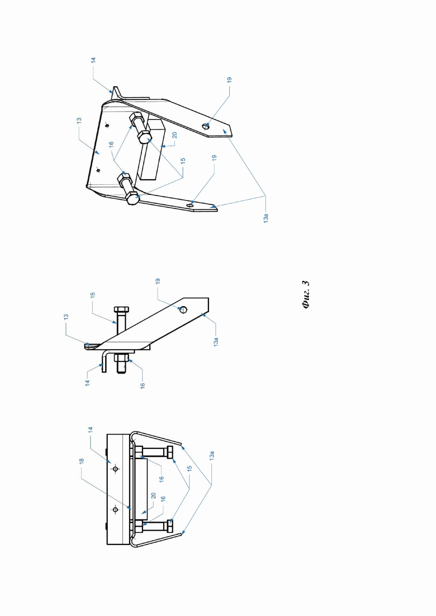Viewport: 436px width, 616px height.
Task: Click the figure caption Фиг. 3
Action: pos(307,295)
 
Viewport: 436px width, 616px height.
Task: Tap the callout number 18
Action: pos(82,460)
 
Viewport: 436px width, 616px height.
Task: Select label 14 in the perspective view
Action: pos(93,60)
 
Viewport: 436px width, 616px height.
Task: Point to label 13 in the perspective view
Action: pos(79,120)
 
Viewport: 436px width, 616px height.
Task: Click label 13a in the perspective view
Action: pos(266,218)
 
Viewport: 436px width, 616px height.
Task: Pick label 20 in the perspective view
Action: pos(174,135)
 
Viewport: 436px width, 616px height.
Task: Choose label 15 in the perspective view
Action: pos(183,161)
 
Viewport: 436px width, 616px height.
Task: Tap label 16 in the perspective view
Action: pos(111,145)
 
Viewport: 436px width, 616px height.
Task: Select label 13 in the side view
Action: pos(66,316)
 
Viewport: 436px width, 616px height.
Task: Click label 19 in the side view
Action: pos(158,281)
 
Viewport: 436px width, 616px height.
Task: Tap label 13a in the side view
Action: pos(216,341)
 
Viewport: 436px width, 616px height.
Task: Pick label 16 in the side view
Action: pos(143,386)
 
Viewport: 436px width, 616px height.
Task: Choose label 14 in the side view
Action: pos(87,383)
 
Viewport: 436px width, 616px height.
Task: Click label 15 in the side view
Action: pos(93,295)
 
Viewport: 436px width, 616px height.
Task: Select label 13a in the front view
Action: pos(212,456)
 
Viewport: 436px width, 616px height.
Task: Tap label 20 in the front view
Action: pos(153,496)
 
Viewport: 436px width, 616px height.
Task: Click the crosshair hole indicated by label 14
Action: pos(116,469)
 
